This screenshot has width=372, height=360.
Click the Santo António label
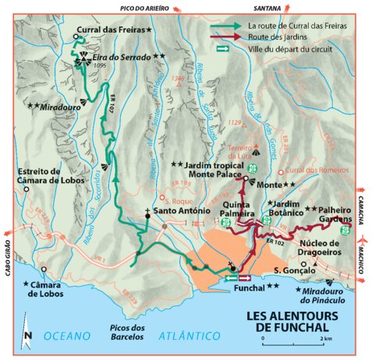(x=181, y=211)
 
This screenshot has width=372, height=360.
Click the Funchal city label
(x=249, y=287)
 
